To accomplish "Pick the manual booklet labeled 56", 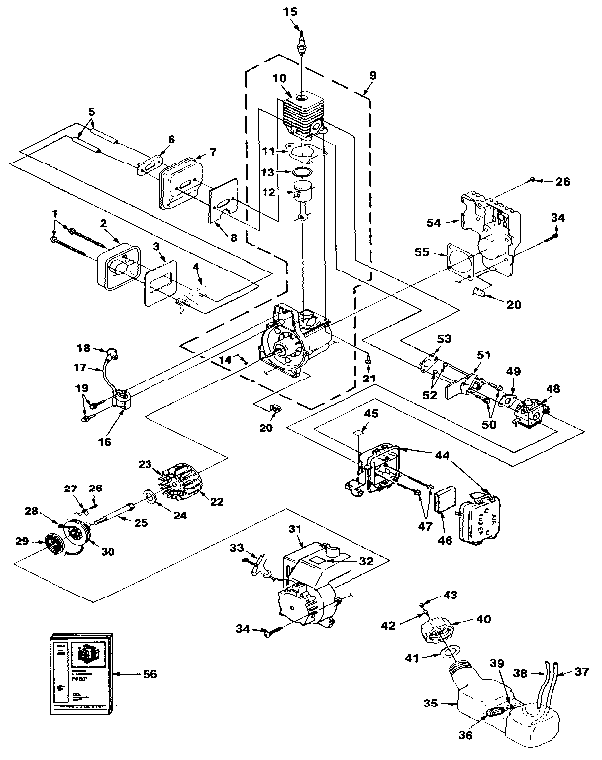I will pos(80,671).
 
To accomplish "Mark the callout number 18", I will pos(83,348).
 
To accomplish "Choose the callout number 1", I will pos(56,214).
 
